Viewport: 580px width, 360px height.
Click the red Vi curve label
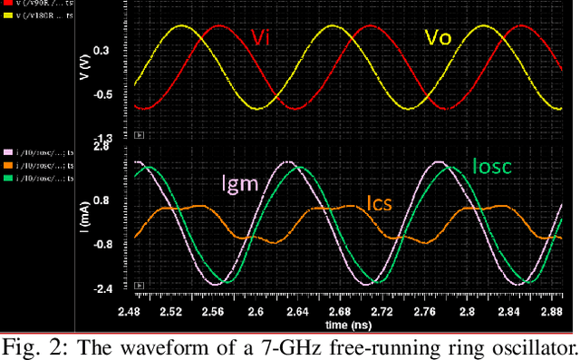261,37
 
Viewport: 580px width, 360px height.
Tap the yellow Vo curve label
438,38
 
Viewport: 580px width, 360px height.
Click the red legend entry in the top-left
38,5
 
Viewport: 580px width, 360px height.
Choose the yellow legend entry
38,15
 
